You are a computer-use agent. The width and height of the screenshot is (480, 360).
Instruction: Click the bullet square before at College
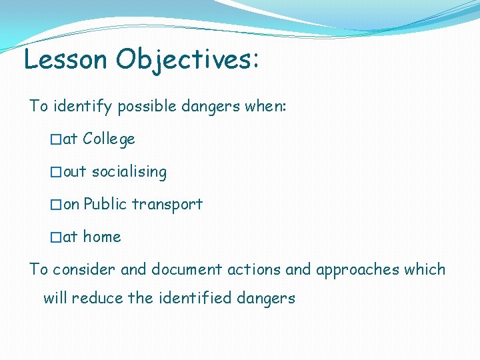(x=56, y=139)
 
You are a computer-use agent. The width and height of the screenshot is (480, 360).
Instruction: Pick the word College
(x=109, y=139)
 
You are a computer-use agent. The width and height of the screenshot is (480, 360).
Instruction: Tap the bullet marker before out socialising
(x=56, y=172)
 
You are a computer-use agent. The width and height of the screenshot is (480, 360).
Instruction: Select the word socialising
(x=129, y=172)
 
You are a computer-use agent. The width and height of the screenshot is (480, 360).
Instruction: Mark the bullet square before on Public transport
(x=56, y=205)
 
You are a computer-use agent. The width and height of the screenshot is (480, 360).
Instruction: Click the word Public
(x=105, y=205)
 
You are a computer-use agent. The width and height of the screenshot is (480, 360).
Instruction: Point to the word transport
(x=167, y=205)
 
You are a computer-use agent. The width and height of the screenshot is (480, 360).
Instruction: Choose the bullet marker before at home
(x=56, y=237)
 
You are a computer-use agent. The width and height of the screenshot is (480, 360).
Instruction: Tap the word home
(x=102, y=237)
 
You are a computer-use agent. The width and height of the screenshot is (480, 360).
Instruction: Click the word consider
(x=85, y=270)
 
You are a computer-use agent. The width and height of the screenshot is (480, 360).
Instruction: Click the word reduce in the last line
(x=97, y=298)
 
